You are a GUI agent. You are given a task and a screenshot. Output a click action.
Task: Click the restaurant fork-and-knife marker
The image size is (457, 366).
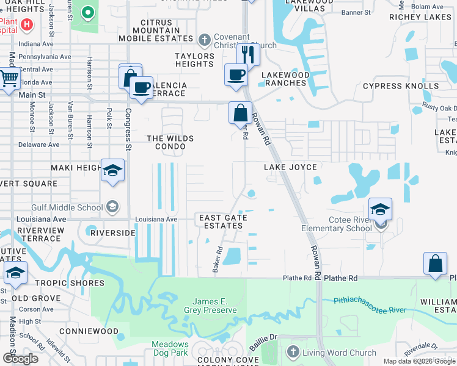pyautogui.click(x=248, y=55)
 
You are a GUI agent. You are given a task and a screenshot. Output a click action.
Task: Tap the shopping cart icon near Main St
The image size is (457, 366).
pyautogui.click(x=9, y=79)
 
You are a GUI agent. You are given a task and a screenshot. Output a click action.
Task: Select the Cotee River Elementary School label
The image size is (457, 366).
pyautogui.click(x=336, y=224)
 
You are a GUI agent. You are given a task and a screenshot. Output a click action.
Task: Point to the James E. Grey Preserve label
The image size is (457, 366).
pyautogui.click(x=214, y=306)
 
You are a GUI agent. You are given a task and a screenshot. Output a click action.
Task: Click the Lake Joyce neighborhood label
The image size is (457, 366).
pyautogui.click(x=290, y=167)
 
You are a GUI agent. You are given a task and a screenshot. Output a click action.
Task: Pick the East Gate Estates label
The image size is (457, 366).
pyautogui.click(x=222, y=221)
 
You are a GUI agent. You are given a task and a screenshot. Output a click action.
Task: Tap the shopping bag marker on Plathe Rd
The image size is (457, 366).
pyautogui.click(x=435, y=264)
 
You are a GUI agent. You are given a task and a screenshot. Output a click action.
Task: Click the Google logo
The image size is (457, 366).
pyautogui.click(x=20, y=359)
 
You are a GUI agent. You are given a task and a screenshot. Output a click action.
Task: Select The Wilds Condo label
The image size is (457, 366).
pyautogui.click(x=170, y=142)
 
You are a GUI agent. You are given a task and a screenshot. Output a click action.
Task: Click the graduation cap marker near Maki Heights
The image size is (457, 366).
pyautogui.click(x=112, y=170)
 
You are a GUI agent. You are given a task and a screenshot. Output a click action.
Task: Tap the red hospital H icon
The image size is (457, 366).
pyautogui.click(x=26, y=24)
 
